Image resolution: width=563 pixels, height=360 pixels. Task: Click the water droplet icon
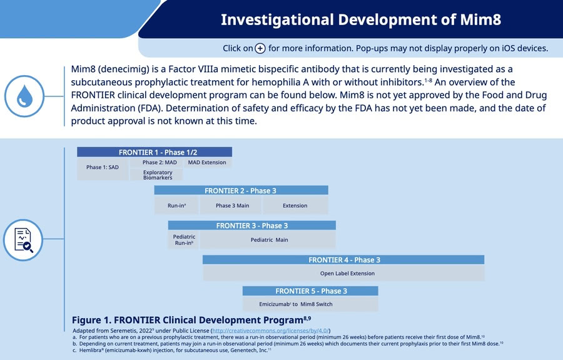24,96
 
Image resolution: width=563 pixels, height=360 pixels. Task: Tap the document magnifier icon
23,240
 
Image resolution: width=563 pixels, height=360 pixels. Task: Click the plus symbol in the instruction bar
260,48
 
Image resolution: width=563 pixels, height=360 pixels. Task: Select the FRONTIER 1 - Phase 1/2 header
155,152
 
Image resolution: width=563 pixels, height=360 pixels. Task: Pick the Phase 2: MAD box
156,163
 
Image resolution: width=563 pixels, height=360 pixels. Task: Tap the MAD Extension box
207,163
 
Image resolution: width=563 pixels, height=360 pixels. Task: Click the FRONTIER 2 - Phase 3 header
241,190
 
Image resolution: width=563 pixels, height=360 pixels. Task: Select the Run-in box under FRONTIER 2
176,205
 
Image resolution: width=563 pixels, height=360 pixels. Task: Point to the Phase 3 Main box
232,205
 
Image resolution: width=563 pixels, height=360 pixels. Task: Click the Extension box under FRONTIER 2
295,205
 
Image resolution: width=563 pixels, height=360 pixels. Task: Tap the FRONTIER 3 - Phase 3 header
251,225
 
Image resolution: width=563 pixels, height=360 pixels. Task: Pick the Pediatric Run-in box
184,240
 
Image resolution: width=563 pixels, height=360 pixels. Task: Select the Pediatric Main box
269,240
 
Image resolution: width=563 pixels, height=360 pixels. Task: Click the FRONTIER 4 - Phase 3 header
343,260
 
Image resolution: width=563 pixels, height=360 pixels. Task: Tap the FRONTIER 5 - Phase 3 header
310,291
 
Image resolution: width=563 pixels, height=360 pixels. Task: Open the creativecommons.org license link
270,331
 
